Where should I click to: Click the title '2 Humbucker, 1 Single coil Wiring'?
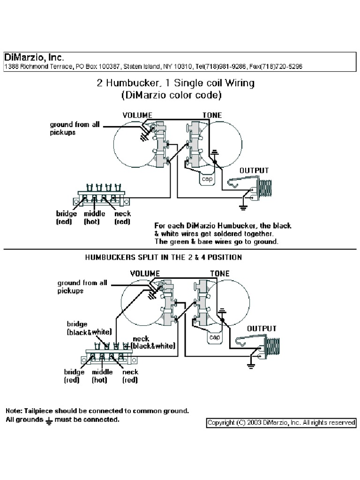pyautogui.click(x=175, y=83)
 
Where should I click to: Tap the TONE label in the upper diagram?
pyautogui.click(x=212, y=115)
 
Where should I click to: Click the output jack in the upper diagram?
pyautogui.click(x=251, y=188)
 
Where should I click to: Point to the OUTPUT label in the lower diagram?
pyautogui.click(x=262, y=329)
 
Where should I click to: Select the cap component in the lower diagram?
pyautogui.click(x=214, y=337)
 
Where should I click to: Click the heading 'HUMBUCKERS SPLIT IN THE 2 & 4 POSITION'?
pyautogui.click(x=163, y=257)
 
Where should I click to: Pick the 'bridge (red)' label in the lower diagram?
pyautogui.click(x=74, y=376)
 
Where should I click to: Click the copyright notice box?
pyautogui.click(x=281, y=422)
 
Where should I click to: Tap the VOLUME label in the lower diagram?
pyautogui.click(x=145, y=273)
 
